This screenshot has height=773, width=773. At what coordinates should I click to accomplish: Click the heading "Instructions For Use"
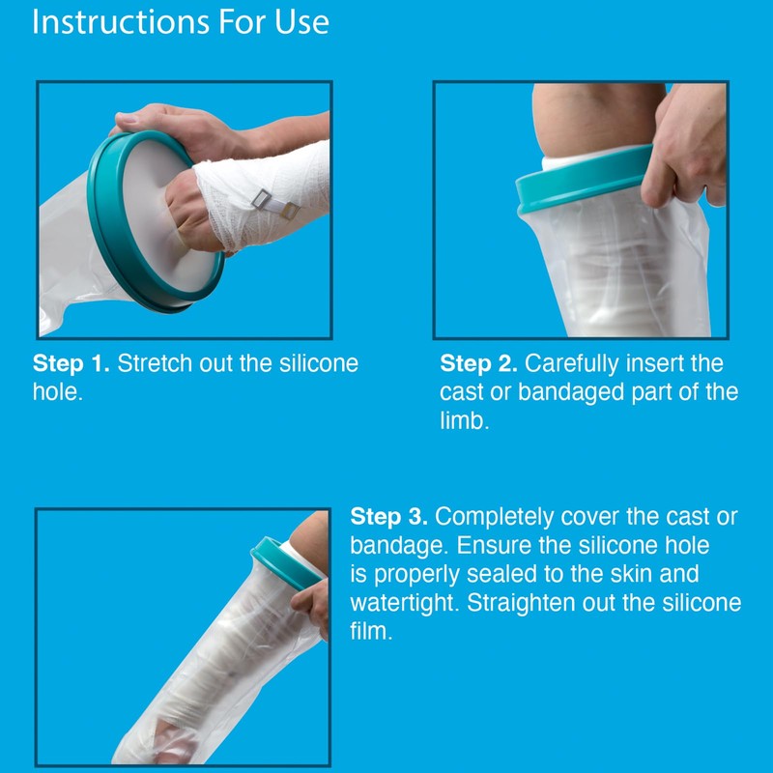181,21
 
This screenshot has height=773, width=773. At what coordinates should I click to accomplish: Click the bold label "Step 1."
72,364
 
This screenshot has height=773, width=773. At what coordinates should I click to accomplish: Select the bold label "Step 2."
479,364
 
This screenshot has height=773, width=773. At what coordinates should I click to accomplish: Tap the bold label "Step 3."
389,516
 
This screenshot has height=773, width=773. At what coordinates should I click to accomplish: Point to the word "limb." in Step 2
465,422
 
